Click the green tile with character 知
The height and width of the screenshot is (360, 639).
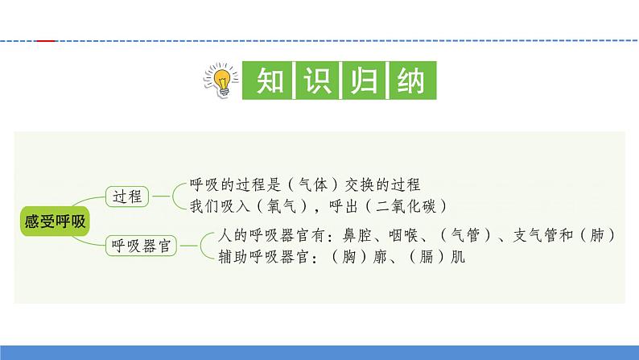[x=267, y=81]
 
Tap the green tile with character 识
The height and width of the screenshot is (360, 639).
[x=315, y=81]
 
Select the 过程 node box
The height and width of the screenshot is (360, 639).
[x=127, y=196]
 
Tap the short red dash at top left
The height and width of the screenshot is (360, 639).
[x=47, y=40]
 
